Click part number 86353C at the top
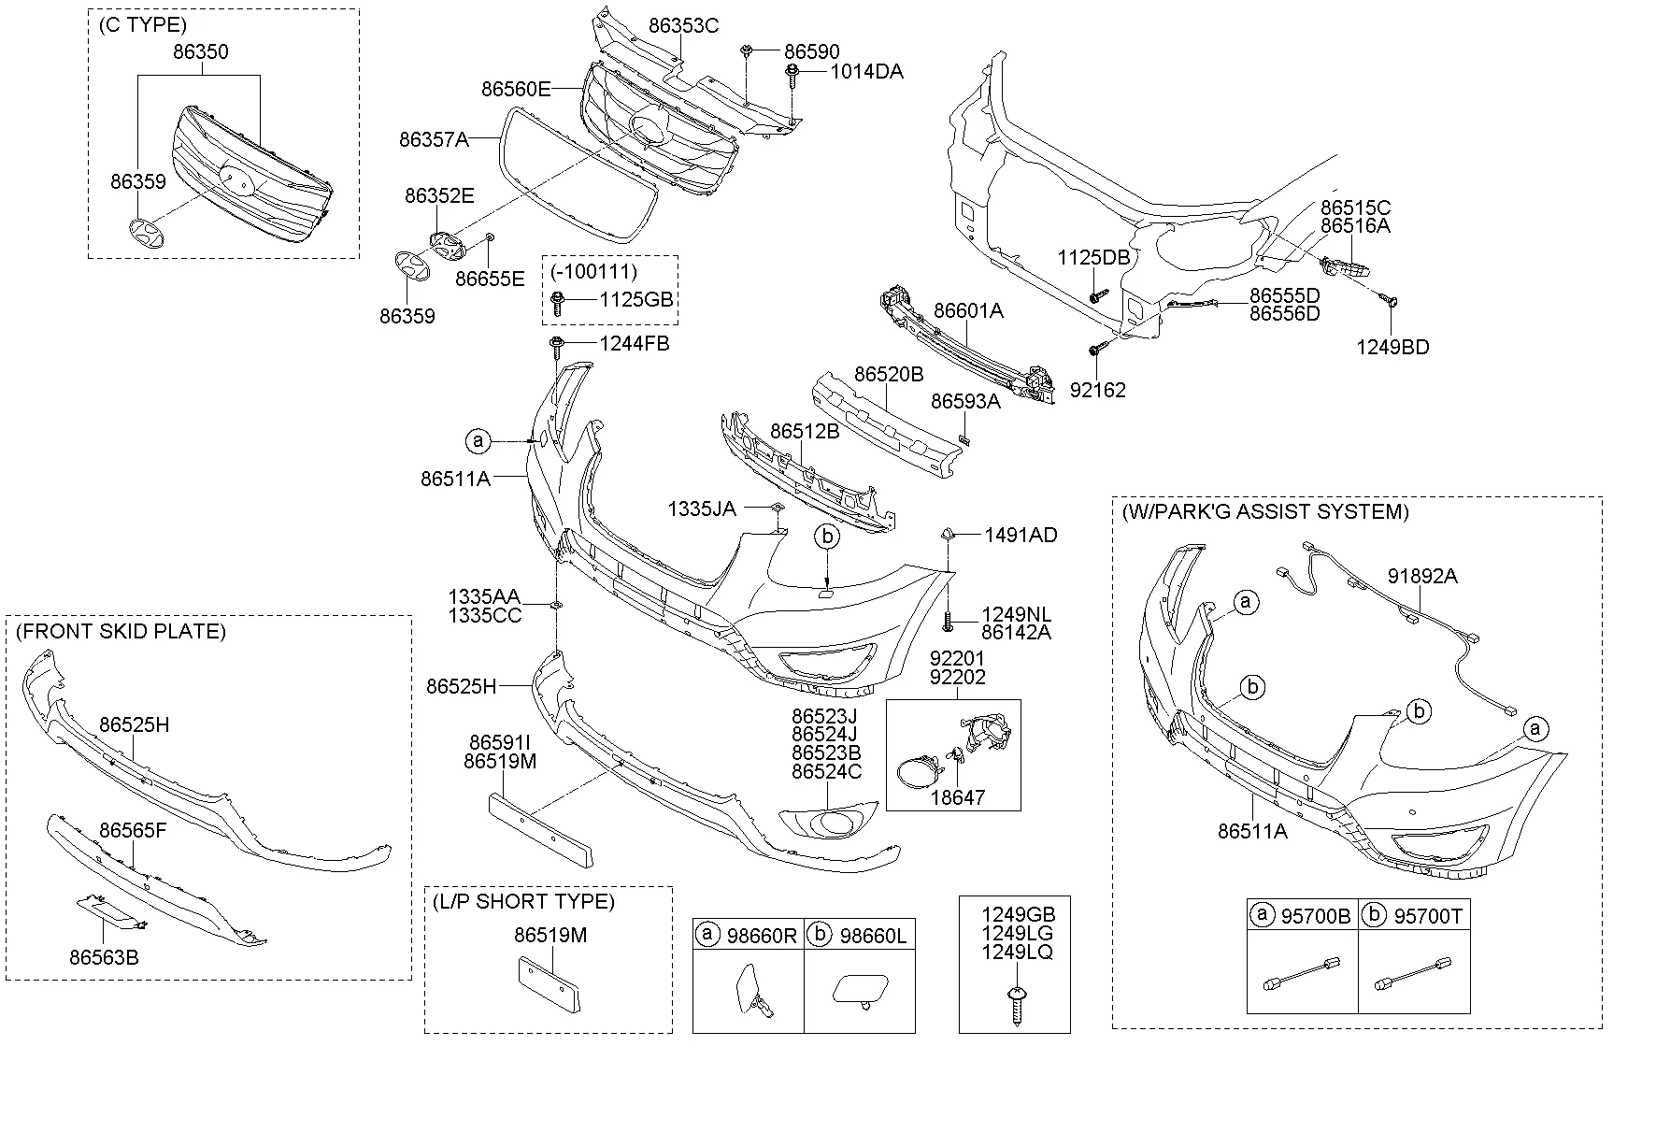[x=683, y=25]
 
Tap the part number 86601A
[x=968, y=311]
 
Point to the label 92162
[x=1097, y=391]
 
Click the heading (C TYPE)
[x=142, y=25]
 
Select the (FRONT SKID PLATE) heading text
[x=121, y=632]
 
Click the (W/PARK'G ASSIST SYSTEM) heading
[x=1265, y=512]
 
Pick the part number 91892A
[x=1421, y=577]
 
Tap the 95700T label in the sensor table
[x=1427, y=917]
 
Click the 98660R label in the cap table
[x=761, y=936]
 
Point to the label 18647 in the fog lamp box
[x=957, y=798]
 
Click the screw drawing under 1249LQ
[x=1014, y=1004]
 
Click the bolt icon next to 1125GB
[x=559, y=301]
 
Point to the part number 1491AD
[x=1021, y=536]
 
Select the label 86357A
[x=433, y=139]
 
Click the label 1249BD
[x=1392, y=348]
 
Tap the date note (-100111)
[x=592, y=272]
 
